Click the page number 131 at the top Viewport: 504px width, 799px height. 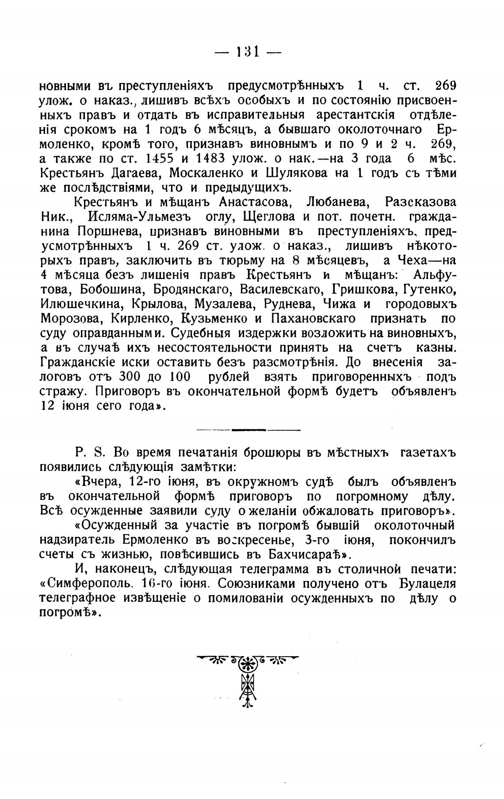click(247, 52)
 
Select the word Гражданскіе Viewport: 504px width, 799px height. click(77, 362)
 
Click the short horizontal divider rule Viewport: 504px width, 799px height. click(248, 430)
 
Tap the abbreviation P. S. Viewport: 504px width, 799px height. click(90, 453)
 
